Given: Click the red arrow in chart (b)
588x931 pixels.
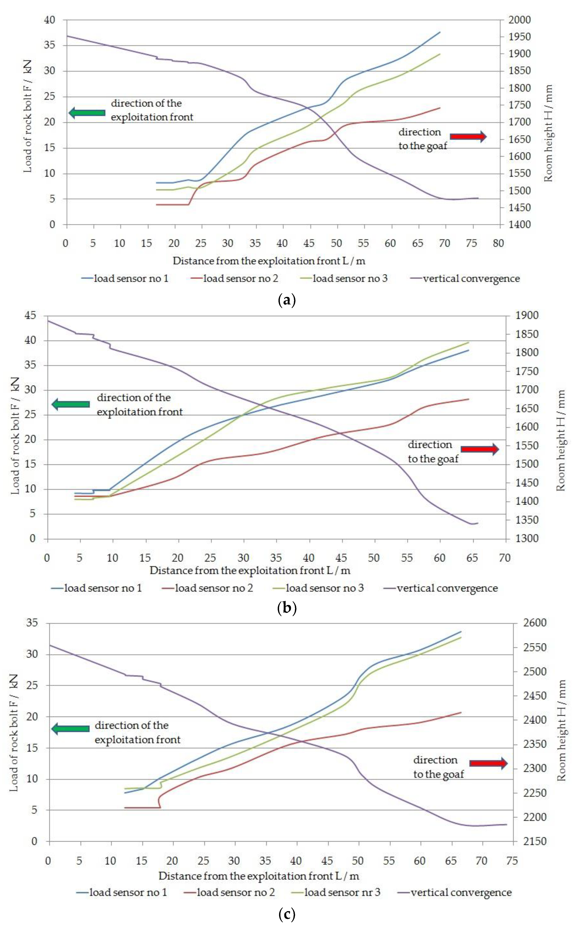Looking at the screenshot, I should click(x=479, y=449).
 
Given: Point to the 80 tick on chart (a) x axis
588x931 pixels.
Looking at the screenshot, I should click(x=498, y=243).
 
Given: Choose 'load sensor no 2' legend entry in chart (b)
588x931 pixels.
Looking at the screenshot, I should click(x=214, y=588).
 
